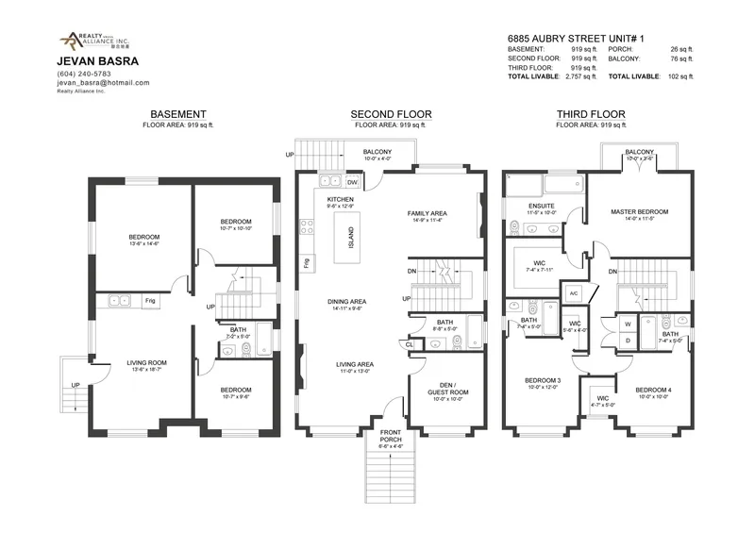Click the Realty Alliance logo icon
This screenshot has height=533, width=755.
pos(70,41)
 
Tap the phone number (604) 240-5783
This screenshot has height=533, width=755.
pos(84,74)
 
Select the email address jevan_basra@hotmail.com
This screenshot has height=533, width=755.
pos(104,83)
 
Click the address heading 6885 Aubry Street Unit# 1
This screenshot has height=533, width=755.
pos(571,37)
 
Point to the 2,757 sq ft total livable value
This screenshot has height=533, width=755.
pos(574,75)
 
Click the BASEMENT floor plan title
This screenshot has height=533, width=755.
pos(178,113)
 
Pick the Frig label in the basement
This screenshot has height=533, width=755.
pos(149,302)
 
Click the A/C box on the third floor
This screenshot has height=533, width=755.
pos(573,293)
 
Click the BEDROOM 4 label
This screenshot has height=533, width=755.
pos(653,390)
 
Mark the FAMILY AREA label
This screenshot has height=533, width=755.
pos(427,213)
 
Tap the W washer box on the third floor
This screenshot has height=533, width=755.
pos(626,324)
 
